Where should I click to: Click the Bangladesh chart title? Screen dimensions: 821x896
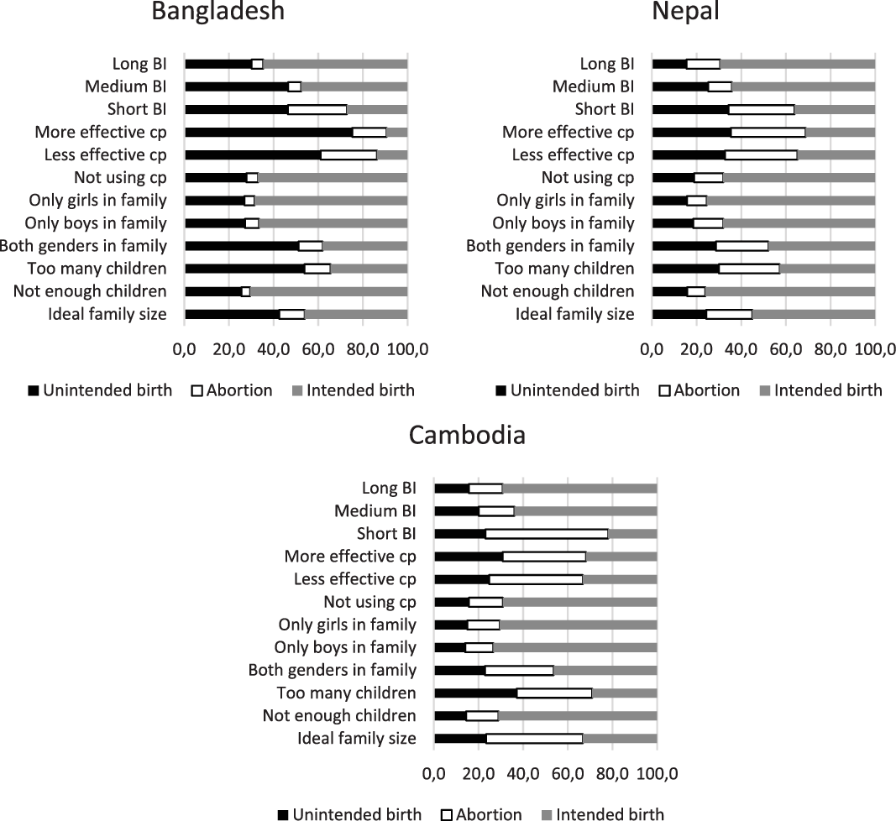(217, 12)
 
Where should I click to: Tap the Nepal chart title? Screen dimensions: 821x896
(685, 12)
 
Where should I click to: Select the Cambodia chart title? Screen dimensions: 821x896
(467, 435)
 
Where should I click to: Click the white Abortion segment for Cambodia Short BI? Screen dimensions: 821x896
(546, 534)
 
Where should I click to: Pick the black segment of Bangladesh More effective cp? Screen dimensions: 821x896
(268, 133)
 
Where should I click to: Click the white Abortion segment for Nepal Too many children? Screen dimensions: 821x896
(749, 269)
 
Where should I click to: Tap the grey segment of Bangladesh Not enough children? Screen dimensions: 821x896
(328, 291)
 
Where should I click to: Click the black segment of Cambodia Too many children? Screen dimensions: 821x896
(475, 693)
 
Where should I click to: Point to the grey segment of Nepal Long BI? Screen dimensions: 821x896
(797, 64)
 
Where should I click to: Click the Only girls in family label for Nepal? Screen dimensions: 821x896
(565, 201)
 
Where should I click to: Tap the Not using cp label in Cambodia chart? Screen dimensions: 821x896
(369, 602)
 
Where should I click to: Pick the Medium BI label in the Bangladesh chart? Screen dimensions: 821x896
(125, 86)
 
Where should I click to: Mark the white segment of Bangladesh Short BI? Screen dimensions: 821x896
(317, 110)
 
